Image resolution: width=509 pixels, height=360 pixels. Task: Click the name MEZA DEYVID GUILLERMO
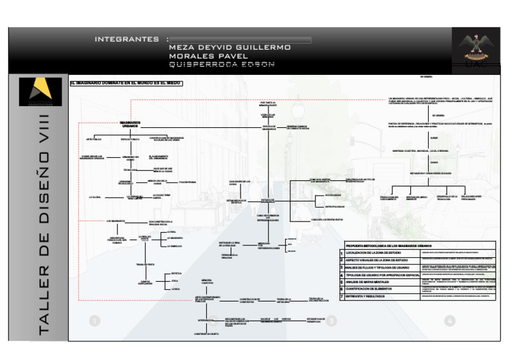229,48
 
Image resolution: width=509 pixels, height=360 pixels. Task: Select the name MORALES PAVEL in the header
208,56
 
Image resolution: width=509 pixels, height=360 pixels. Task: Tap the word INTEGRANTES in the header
127,39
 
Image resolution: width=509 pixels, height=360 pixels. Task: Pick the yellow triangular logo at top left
40,91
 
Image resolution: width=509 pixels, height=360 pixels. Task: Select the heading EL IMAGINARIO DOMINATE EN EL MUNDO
125,83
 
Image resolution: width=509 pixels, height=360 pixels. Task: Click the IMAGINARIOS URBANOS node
130,124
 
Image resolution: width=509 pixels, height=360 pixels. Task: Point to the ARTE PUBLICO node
93,139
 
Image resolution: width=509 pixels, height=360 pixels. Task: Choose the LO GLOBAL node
95,197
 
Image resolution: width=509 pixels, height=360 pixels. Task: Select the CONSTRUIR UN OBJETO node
206,334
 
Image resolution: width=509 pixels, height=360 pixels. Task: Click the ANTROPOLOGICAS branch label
315,207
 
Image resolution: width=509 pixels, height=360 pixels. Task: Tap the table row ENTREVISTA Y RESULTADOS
374,296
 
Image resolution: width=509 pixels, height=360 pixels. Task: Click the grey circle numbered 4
450,321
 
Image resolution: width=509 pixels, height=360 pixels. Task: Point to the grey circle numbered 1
94,321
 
